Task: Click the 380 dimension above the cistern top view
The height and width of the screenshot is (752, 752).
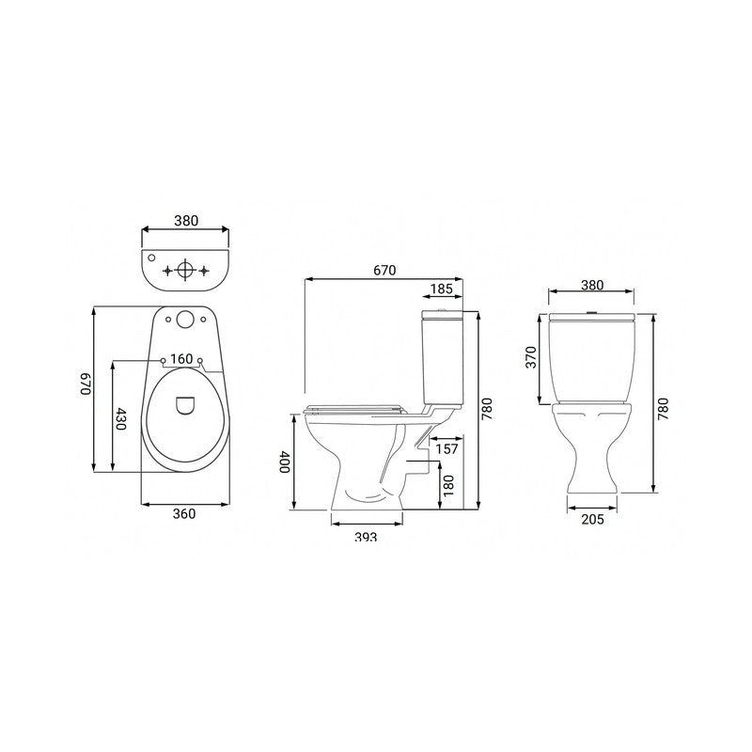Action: pos(185,221)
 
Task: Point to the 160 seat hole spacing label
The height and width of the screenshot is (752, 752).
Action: pos(182,358)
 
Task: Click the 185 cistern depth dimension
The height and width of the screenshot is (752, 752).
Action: pos(441,289)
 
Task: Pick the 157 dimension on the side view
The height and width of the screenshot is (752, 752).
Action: pos(448,449)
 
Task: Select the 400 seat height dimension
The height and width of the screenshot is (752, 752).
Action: pos(286,462)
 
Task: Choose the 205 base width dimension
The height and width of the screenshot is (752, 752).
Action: pos(591,519)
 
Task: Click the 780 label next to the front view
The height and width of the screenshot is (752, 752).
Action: pos(663,406)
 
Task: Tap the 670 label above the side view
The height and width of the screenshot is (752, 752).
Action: pos(384,270)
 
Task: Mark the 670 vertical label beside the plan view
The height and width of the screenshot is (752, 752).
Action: pos(84,384)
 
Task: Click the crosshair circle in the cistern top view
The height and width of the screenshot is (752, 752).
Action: pos(185,270)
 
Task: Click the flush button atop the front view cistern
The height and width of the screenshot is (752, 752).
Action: pos(592,311)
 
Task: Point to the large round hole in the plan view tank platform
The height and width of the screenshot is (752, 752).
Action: pos(185,319)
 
